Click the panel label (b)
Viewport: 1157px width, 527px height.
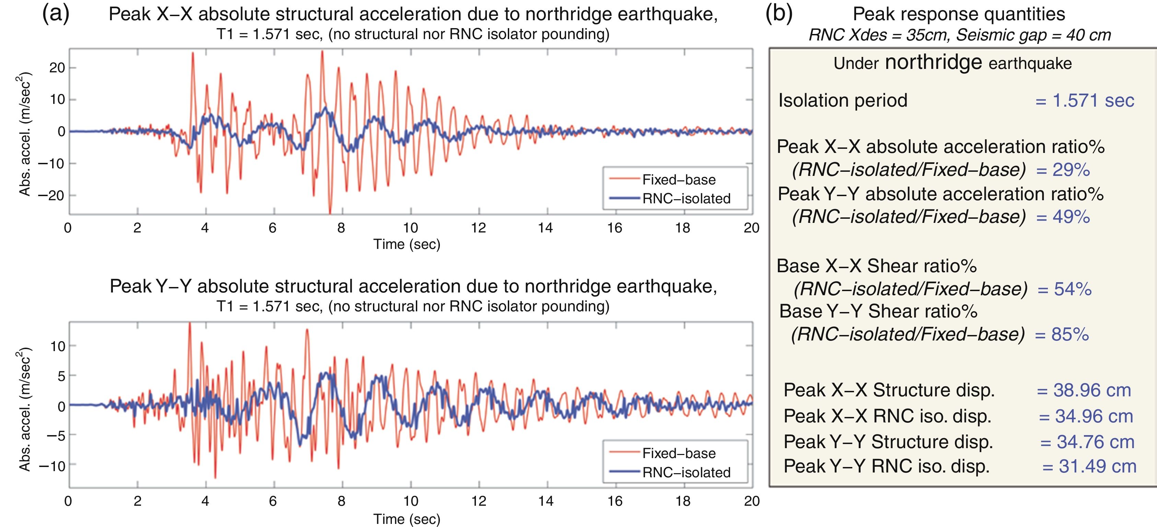point(779,14)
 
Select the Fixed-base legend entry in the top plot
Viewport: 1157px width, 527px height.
point(678,180)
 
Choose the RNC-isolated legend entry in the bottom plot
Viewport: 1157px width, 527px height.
point(686,472)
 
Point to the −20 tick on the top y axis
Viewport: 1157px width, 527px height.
point(51,196)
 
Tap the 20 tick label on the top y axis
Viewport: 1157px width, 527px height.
point(57,68)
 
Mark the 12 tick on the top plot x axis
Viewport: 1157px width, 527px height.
point(478,228)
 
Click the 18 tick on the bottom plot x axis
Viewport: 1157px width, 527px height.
point(683,501)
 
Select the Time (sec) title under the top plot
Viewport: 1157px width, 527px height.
point(407,244)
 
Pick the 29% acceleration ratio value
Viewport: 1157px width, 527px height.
point(1071,170)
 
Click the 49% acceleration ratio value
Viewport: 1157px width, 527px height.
point(1071,217)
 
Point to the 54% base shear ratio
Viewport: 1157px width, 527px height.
point(1073,289)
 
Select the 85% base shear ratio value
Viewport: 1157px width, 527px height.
point(1070,334)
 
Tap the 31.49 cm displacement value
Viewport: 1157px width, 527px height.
point(1097,466)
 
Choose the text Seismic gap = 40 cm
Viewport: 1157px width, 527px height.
point(1033,35)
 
